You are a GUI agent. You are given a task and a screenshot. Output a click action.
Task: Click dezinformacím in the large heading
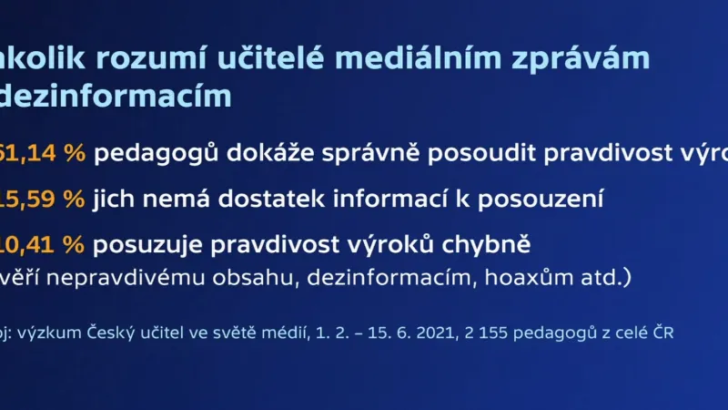tap(116, 95)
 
